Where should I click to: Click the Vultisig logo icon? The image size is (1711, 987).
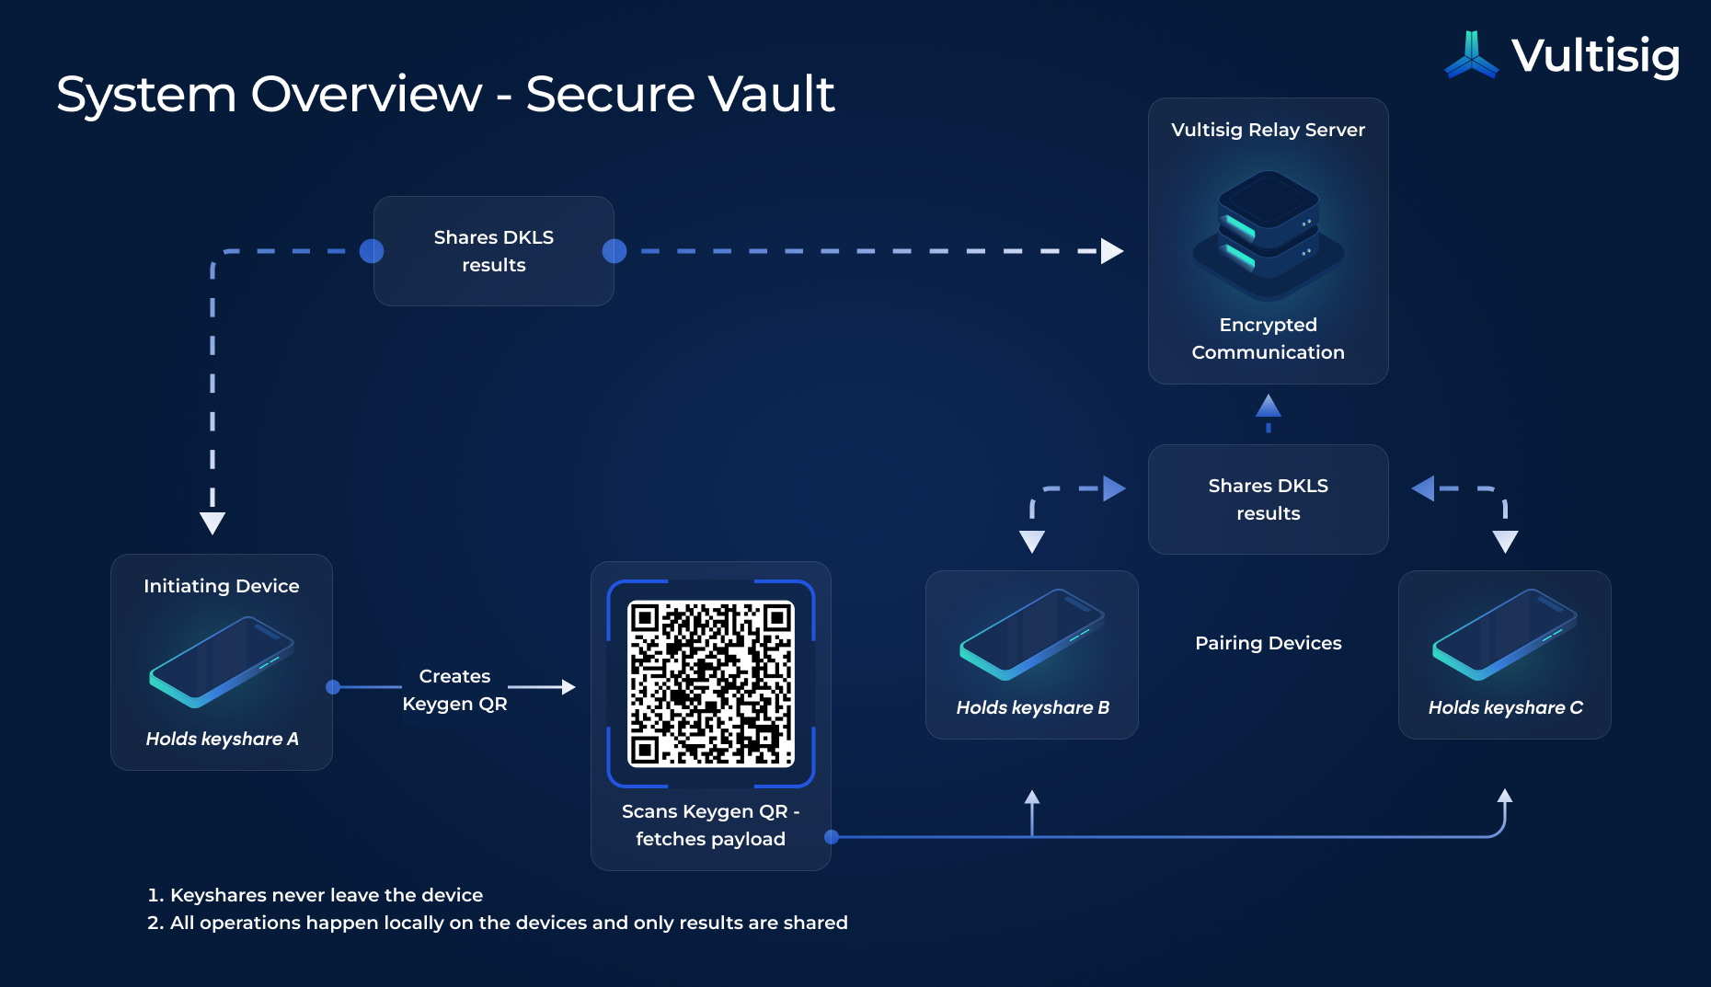(x=1472, y=55)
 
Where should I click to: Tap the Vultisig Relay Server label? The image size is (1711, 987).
(x=1268, y=130)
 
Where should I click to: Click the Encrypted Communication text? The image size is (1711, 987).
(x=1268, y=339)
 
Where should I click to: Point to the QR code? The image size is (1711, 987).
(x=710, y=683)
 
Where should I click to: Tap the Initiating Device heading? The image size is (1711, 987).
(x=221, y=586)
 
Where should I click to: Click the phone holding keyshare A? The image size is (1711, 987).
(x=222, y=662)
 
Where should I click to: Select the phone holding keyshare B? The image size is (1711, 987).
(x=1031, y=634)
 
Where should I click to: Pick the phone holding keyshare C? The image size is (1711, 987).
(x=1504, y=634)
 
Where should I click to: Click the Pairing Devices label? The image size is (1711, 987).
(x=1268, y=643)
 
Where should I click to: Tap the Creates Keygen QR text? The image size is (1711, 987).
(x=454, y=690)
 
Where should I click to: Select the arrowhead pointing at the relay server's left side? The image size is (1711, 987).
(x=1112, y=251)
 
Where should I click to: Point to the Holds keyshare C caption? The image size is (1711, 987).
(x=1505, y=707)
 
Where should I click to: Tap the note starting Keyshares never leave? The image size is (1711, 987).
(x=326, y=895)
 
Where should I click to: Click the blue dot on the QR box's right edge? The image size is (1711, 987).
(x=832, y=837)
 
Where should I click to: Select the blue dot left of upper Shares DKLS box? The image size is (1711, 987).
(x=372, y=251)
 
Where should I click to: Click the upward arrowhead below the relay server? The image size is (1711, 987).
(x=1269, y=406)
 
